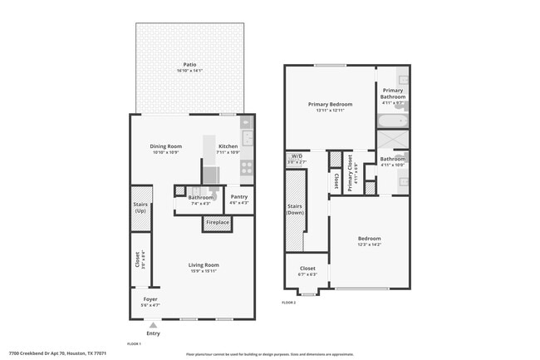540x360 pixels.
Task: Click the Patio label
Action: (190, 64)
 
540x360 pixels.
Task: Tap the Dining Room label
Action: (166, 146)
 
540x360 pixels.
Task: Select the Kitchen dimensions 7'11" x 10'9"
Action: (228, 153)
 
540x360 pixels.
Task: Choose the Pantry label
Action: (238, 197)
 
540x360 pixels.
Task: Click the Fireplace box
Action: (217, 223)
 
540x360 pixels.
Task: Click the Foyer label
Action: (150, 298)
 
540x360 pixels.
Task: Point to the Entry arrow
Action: (151, 325)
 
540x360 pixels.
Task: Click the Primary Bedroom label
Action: (330, 105)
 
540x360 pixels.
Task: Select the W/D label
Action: (296, 156)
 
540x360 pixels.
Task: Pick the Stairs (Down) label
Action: (295, 210)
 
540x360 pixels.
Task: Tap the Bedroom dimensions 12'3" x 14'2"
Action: (369, 244)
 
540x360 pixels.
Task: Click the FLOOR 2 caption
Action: (289, 303)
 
